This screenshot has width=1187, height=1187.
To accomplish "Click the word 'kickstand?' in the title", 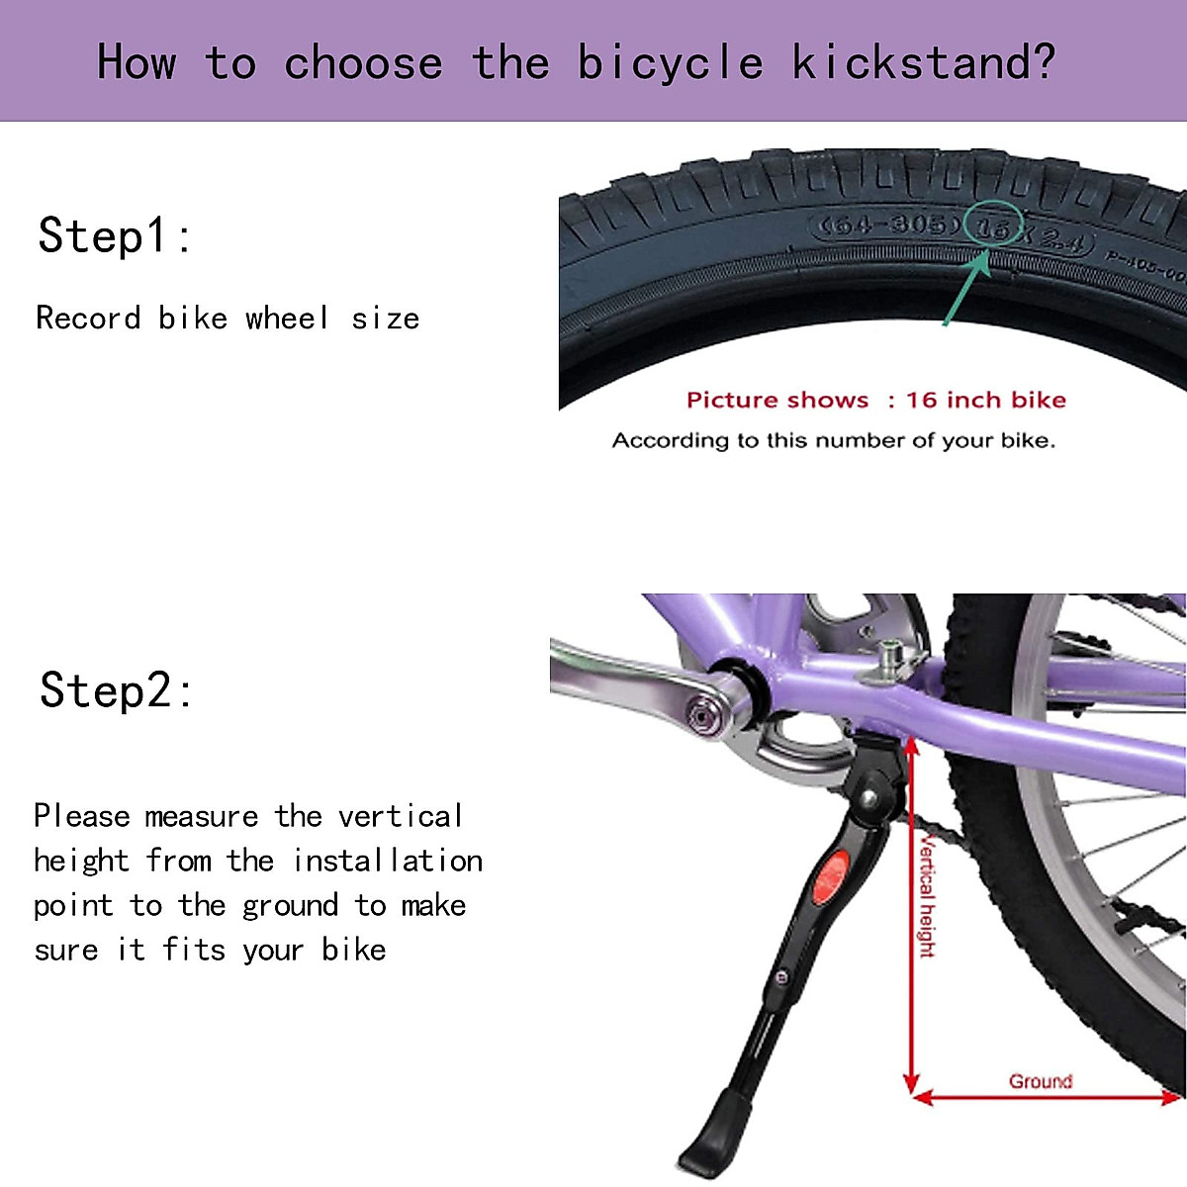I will click(923, 63).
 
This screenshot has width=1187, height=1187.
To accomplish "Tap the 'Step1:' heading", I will click(115, 236).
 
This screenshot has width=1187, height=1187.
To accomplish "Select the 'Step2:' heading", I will click(117, 690).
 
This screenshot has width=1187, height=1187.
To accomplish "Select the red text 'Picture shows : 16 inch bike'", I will click(875, 400).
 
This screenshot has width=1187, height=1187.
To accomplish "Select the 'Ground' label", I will click(1040, 1081).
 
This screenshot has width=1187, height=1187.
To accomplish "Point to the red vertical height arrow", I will click(911, 920).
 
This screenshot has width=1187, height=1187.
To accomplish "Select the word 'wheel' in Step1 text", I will click(287, 319).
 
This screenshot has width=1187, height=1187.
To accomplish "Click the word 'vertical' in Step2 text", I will click(400, 816).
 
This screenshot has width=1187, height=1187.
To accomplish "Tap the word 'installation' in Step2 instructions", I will click(388, 861).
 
